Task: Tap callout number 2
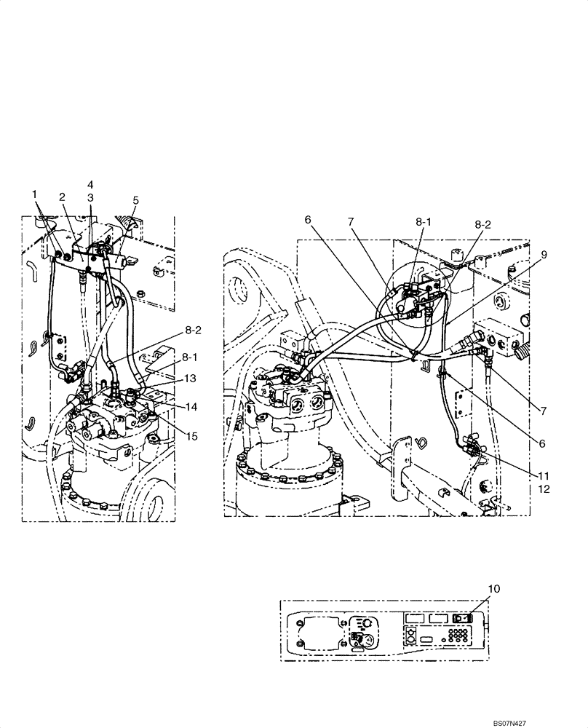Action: (63, 197)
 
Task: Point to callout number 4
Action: (90, 184)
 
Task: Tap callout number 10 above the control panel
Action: (494, 587)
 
